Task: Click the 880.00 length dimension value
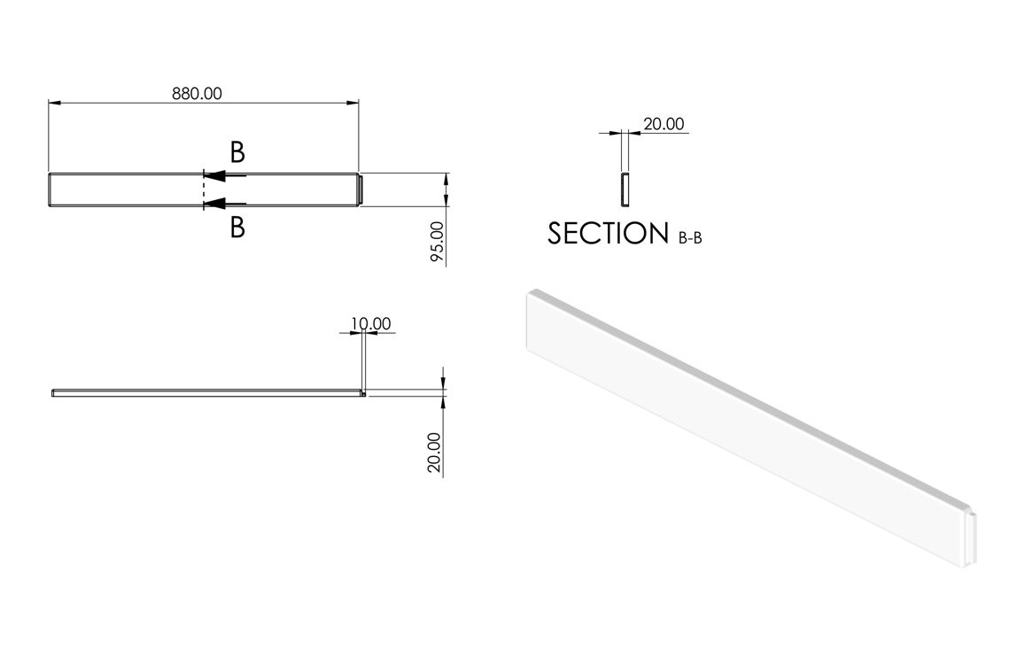(197, 94)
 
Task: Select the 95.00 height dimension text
(436, 243)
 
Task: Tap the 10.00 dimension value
(370, 324)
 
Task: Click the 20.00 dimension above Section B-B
(663, 124)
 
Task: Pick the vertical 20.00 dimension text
(435, 452)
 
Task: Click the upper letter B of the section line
(237, 152)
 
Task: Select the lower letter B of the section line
(237, 228)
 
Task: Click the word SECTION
(608, 234)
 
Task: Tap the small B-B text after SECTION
(690, 238)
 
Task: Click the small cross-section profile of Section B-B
(624, 189)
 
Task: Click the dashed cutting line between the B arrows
(204, 190)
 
